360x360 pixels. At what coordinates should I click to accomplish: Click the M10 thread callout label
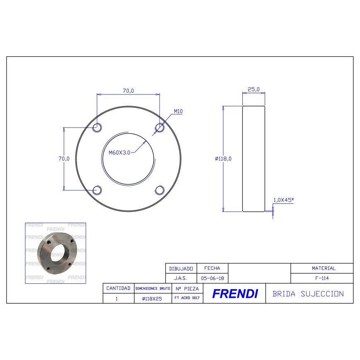point(178,111)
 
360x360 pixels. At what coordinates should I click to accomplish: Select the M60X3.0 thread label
point(119,152)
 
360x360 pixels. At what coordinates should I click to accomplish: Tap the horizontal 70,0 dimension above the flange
point(128,91)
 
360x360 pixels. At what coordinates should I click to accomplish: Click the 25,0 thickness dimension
point(253,89)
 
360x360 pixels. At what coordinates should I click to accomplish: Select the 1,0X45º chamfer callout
point(283,200)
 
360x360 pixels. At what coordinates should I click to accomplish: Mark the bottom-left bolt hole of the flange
point(97,190)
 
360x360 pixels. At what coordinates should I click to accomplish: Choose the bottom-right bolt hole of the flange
point(159,190)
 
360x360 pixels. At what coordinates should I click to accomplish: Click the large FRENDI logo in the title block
point(234,294)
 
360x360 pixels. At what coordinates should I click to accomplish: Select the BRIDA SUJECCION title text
point(308,294)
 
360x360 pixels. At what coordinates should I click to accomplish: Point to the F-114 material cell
point(322,278)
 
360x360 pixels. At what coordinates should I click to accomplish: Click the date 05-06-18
point(212,278)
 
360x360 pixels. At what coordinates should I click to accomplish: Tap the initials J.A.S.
point(181,278)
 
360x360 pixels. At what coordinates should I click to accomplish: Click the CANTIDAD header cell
point(118,288)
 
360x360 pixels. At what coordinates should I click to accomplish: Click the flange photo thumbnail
point(56,253)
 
